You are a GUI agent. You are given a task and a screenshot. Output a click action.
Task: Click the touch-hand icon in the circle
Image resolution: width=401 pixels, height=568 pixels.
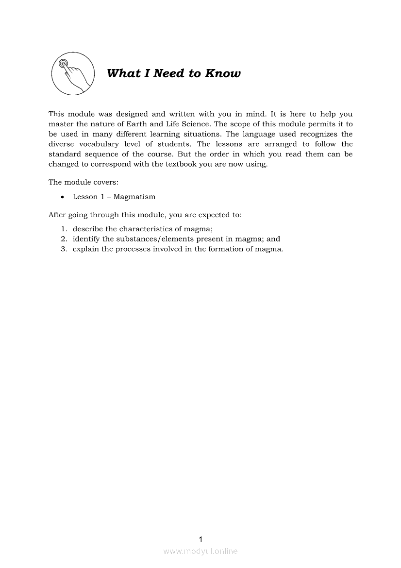(72, 74)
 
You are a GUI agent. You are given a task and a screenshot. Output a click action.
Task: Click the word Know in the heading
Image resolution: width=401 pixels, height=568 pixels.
(222, 73)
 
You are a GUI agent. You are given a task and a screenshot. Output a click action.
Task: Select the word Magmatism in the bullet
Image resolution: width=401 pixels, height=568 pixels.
(134, 197)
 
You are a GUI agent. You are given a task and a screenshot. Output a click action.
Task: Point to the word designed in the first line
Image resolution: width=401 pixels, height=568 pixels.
(132, 114)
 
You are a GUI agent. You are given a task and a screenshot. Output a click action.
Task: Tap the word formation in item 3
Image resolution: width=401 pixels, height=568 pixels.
(225, 249)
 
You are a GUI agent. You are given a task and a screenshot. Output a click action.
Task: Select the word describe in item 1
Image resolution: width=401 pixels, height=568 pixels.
(88, 229)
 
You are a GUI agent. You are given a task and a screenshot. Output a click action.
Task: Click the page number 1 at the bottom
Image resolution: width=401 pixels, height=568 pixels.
(200, 539)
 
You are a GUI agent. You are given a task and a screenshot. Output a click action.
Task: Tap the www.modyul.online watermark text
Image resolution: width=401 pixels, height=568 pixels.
(200, 551)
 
